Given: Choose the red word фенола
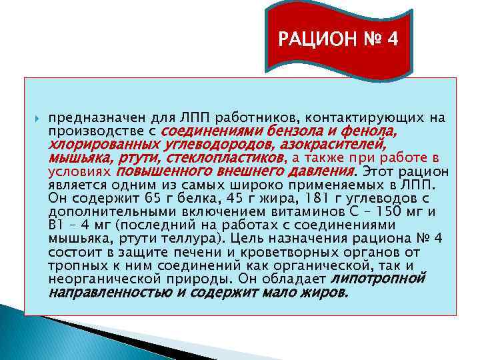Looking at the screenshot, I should point(372,131).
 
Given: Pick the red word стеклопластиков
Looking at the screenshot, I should point(225,157).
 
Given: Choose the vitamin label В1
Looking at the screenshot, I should point(57,225).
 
